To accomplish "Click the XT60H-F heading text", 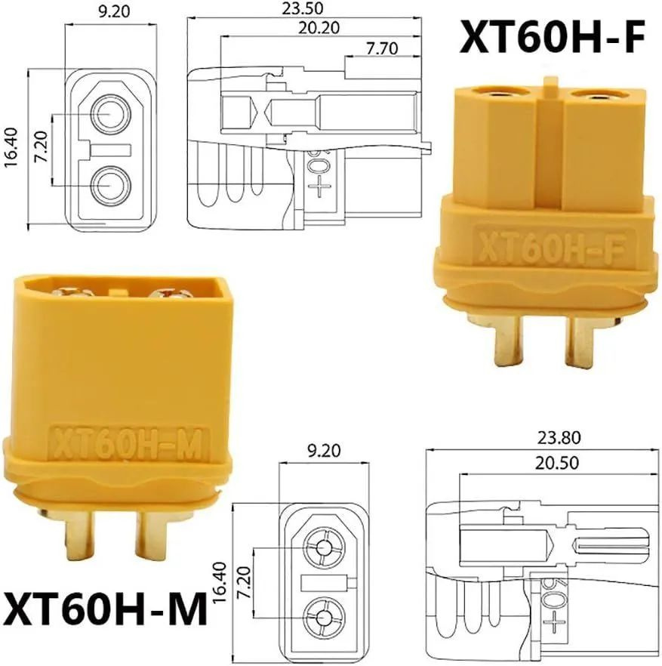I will pos(553,39).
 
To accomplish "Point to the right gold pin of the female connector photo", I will pos(582,341).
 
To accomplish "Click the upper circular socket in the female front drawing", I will pos(110,115).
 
